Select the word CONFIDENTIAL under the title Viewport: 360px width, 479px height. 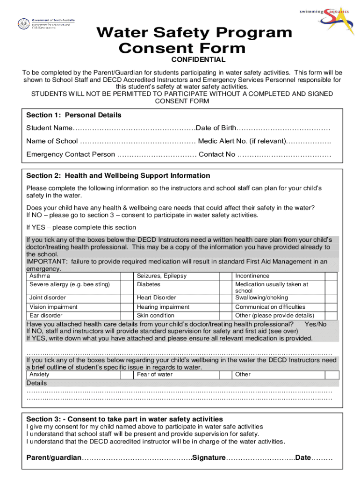198,59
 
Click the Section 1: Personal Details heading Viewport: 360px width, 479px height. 73,115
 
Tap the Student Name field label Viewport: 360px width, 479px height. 49,128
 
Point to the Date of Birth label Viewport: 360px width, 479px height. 216,128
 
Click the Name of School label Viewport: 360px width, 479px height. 52,141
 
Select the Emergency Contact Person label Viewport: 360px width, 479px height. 71,154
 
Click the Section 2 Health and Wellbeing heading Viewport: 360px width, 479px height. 118,176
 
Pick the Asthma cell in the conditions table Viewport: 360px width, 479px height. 40,276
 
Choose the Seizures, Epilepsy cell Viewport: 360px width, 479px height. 161,276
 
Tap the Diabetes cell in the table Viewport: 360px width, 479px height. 149,284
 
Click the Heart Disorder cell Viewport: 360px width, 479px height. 156,298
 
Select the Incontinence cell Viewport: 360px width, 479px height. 252,276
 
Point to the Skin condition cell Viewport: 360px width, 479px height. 155,315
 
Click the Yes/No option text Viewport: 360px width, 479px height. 315,324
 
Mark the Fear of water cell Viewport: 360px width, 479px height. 155,374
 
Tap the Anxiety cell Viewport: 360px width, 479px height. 39,374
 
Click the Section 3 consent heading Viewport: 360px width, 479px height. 124,419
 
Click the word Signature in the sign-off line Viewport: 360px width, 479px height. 209,457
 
